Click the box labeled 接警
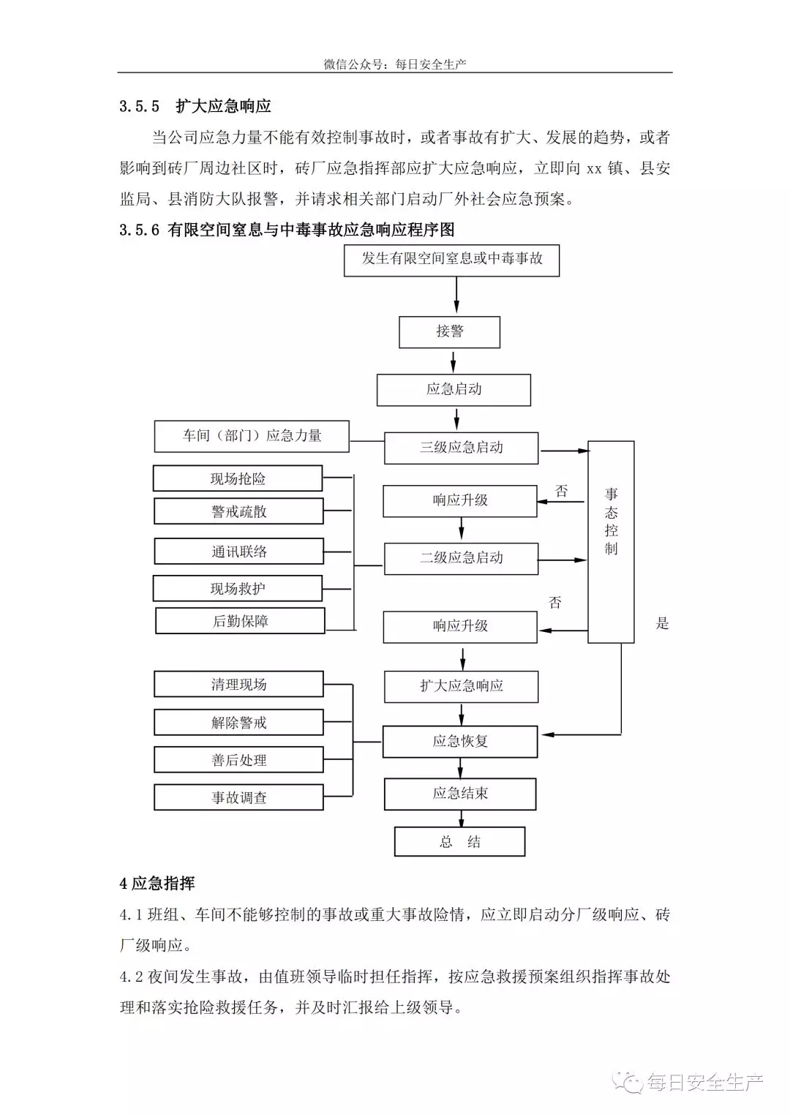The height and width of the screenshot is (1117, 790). (449, 332)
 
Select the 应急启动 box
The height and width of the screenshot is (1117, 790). (454, 390)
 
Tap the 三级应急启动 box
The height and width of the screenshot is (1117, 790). (461, 448)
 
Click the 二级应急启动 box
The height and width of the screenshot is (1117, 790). (461, 559)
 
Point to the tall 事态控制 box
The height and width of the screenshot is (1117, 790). (611, 542)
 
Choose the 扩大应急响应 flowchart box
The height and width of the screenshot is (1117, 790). (461, 687)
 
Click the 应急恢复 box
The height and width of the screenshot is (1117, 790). (460, 742)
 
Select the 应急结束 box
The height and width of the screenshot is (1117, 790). (460, 794)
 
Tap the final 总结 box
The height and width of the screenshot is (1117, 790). (459, 842)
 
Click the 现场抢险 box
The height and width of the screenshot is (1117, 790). (238, 478)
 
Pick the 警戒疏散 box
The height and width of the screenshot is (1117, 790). (238, 511)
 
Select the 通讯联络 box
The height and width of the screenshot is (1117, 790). (239, 551)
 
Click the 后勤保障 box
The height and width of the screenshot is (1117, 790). (240, 621)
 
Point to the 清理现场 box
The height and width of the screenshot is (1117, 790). (238, 684)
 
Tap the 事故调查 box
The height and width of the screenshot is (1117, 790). (238, 797)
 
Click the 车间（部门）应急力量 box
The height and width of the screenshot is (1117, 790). (252, 436)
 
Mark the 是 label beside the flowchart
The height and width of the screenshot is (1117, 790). (662, 623)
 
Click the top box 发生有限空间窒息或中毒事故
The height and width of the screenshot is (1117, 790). (451, 260)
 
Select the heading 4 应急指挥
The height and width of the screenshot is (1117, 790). (157, 884)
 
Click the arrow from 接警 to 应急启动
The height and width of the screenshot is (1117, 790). (453, 361)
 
